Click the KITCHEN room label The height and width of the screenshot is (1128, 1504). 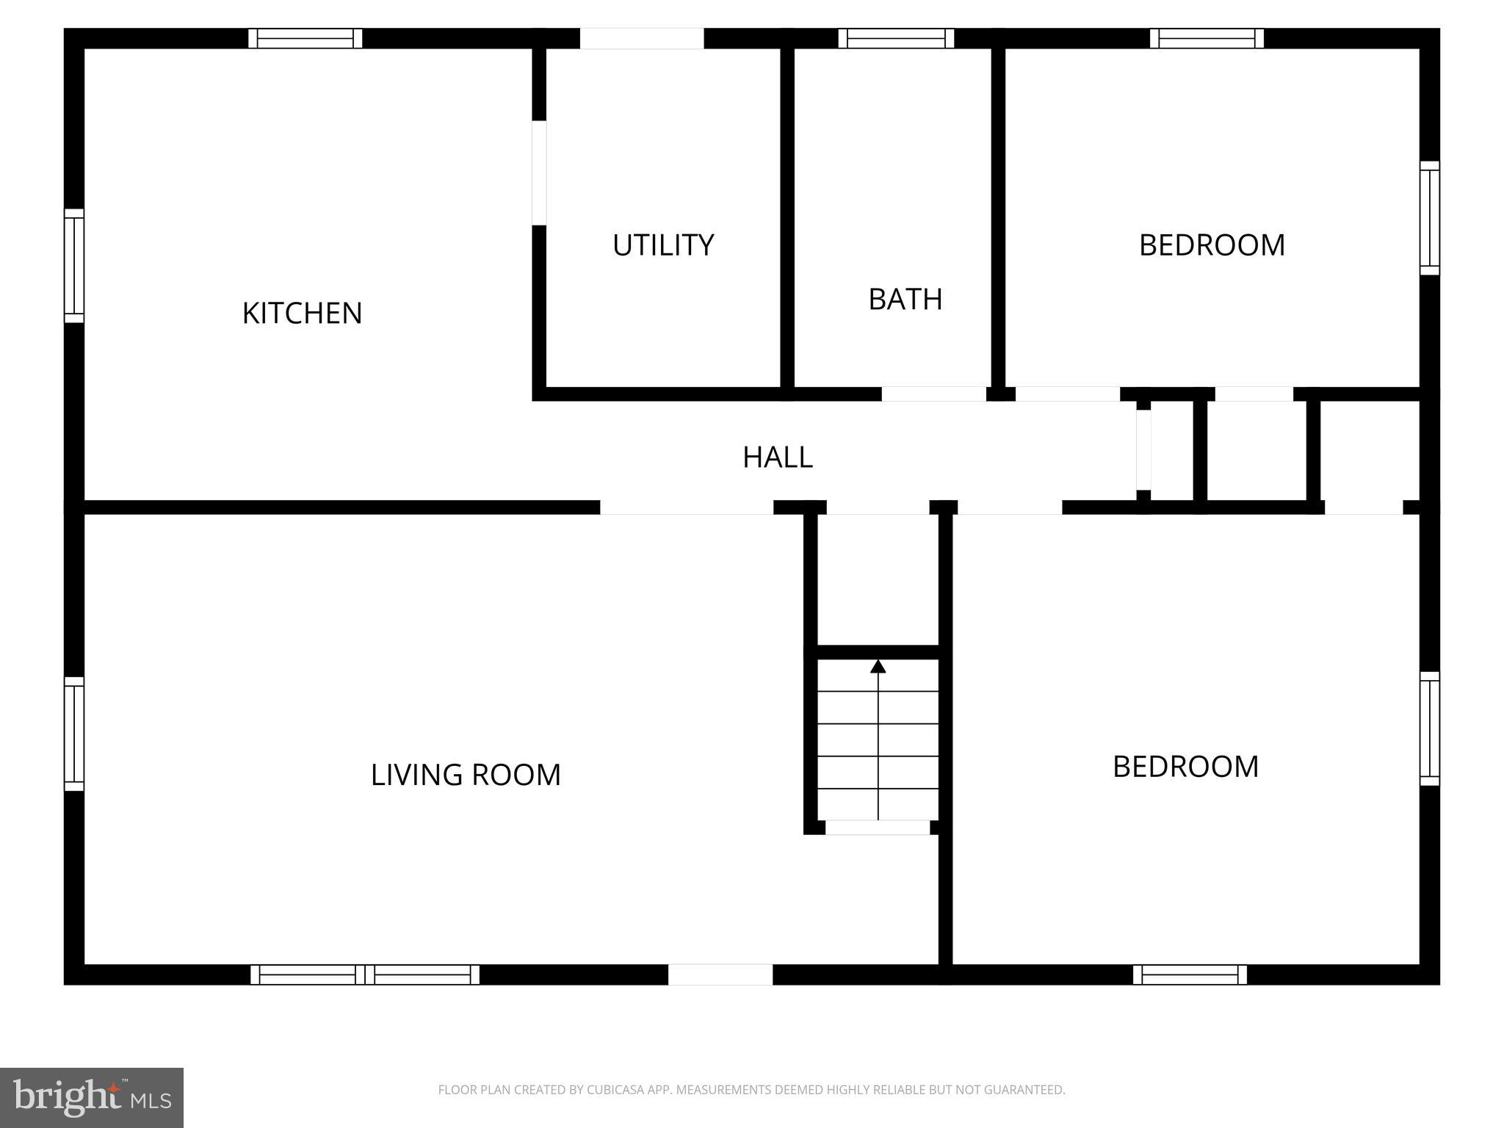[x=302, y=314]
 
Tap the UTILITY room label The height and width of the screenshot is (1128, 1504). [x=662, y=245]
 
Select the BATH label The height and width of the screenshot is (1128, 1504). [x=905, y=300]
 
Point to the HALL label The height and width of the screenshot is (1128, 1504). [x=777, y=458]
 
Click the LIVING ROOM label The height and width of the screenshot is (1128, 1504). [x=466, y=775]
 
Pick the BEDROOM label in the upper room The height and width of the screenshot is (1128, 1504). [x=1212, y=245]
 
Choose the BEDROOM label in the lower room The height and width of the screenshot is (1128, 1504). [x=1185, y=767]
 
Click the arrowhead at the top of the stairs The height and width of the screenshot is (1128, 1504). [x=878, y=667]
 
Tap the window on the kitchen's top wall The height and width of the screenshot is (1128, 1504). [x=305, y=38]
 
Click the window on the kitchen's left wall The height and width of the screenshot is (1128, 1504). [x=74, y=266]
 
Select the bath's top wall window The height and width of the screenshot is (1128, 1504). [x=896, y=38]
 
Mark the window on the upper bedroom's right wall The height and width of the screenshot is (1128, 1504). [x=1429, y=218]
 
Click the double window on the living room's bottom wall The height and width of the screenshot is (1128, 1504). [x=365, y=975]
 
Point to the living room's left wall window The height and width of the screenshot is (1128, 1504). [x=74, y=734]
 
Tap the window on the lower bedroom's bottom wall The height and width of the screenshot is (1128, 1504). [x=1190, y=975]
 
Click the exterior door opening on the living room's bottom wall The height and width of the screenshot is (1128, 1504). [x=720, y=975]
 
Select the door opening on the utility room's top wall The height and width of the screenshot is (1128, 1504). [x=642, y=38]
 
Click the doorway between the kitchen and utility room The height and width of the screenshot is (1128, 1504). [x=539, y=173]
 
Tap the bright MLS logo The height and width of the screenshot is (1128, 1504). [x=92, y=1097]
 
